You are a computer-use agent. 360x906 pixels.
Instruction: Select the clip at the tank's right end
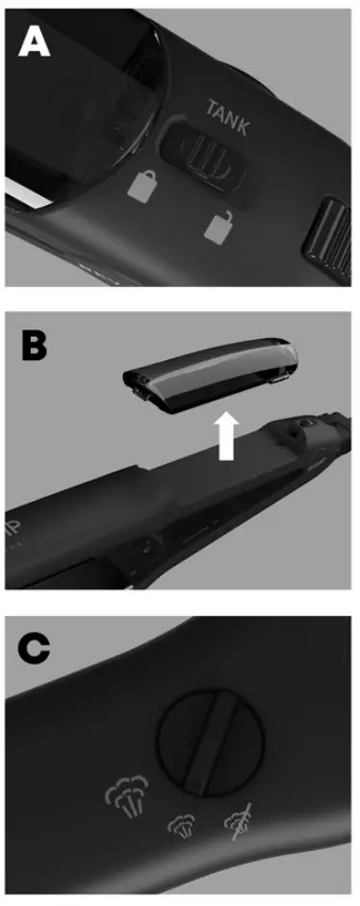280,382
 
